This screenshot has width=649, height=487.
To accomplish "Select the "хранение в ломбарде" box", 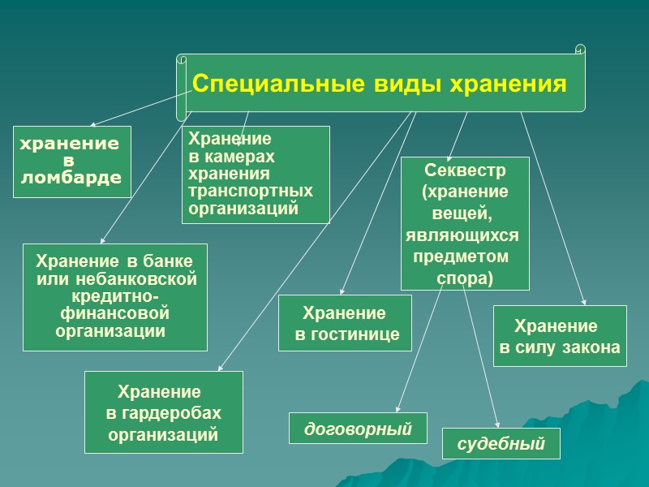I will coord(72,162).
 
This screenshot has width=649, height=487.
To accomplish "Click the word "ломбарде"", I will coord(71,178).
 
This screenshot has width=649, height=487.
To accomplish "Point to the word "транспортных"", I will coord(250,192).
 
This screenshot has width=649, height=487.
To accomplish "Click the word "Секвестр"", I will coord(465,170).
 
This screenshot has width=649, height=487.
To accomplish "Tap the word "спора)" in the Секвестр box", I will coord(465,278).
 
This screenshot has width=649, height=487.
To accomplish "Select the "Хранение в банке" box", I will coord(115,297).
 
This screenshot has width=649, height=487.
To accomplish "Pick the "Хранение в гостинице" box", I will coord(345,323).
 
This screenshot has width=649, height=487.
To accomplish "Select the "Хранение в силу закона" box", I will coord(560,336).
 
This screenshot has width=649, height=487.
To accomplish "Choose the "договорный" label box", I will coord(358,428).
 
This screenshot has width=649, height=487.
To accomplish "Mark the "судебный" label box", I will coord(501,444).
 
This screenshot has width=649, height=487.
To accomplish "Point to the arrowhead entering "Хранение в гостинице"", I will coord(342,292).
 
